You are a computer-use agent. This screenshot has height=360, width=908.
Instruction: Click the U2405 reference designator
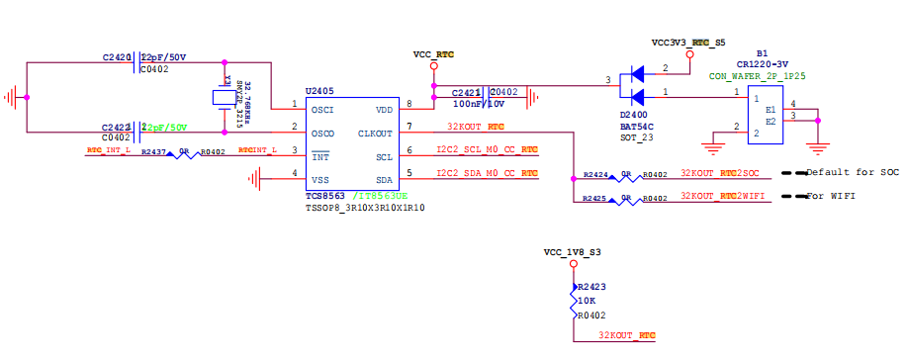click(x=320, y=91)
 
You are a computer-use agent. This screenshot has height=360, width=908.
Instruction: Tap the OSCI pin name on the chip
click(x=322, y=110)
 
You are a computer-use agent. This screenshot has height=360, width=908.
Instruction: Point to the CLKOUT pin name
click(x=375, y=133)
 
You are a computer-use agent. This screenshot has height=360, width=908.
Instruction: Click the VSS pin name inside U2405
click(x=320, y=180)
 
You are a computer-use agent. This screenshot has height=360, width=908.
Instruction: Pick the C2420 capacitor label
click(x=117, y=57)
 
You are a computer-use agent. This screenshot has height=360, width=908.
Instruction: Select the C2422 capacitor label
click(x=117, y=128)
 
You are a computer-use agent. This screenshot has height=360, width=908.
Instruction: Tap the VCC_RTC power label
click(x=433, y=55)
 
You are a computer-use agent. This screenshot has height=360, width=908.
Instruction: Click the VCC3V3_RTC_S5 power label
click(x=688, y=44)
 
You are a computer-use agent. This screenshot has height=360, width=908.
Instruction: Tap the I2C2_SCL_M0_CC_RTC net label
click(x=487, y=150)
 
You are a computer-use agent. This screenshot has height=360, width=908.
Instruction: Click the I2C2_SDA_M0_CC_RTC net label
click(x=487, y=173)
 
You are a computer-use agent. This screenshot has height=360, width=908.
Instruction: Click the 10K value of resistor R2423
click(x=586, y=300)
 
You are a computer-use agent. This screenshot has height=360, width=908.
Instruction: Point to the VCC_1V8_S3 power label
click(x=572, y=253)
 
